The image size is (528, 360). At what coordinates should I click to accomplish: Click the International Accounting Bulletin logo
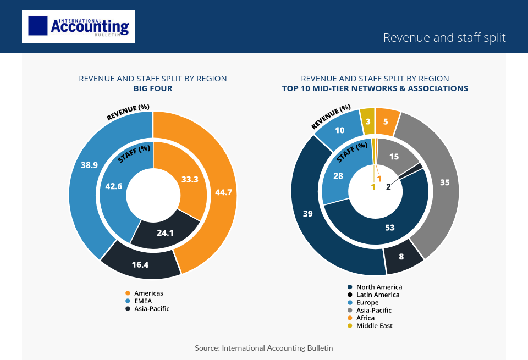coord(79,26)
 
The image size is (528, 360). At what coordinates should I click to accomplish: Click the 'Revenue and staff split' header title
coord(444,37)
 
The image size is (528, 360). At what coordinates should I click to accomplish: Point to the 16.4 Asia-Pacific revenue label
coord(140,264)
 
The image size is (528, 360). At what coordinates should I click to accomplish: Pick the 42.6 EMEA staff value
coord(113,186)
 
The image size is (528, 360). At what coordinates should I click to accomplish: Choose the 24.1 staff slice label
coord(165,232)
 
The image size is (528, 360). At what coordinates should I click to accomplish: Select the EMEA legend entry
coord(142,301)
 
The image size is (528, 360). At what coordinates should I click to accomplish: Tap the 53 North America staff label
coord(389,227)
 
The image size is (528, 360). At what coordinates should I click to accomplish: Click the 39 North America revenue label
coord(307,213)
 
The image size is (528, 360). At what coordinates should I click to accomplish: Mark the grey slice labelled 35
coord(445,182)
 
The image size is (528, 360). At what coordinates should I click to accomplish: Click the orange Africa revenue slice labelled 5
coord(386,122)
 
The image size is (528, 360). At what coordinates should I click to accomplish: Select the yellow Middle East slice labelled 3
coord(367,121)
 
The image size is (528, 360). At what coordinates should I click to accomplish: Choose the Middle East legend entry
coord(374,326)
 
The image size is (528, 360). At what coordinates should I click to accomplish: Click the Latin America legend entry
coord(377,295)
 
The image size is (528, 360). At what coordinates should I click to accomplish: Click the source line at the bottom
coord(263,348)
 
